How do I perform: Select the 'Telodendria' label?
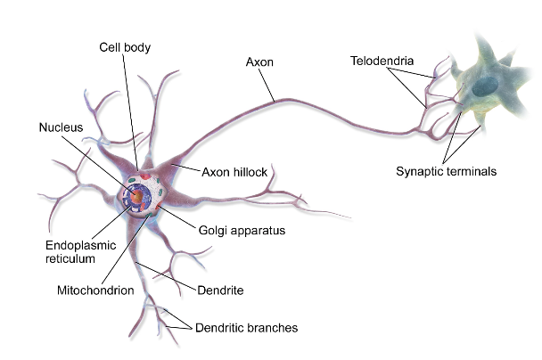[x=381, y=61]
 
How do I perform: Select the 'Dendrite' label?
[x=222, y=290]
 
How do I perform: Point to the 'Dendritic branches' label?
[x=246, y=328]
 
